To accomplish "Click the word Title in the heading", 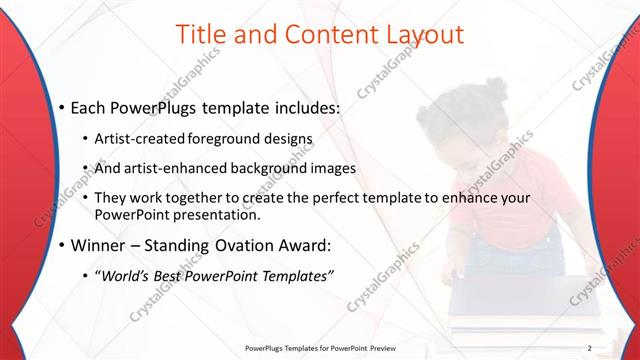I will tap(201, 34).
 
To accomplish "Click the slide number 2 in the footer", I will tap(590, 347).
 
